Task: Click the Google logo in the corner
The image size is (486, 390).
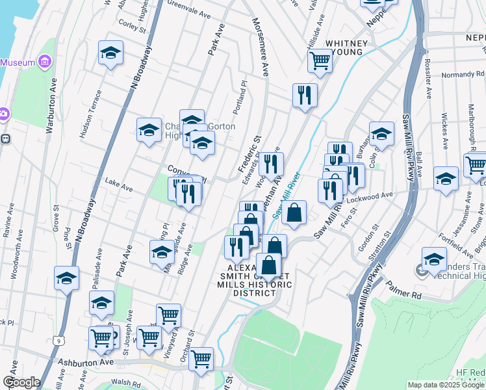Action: pos(21,382)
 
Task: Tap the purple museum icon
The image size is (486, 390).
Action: pos(45,62)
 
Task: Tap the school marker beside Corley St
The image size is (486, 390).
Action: pos(110,53)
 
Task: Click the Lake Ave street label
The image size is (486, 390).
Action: pos(119,185)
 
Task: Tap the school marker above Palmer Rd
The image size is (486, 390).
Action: pos(434,259)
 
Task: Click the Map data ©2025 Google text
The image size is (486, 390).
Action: pos(445,385)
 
